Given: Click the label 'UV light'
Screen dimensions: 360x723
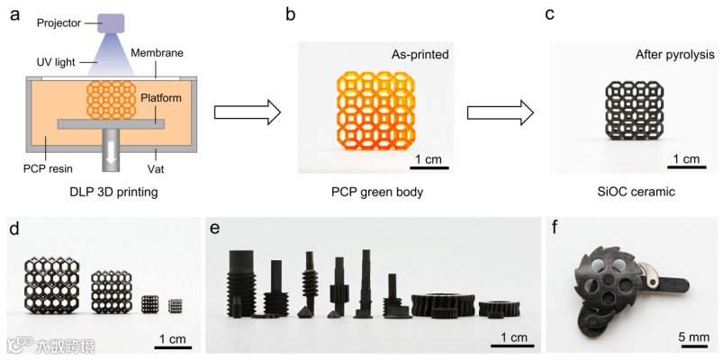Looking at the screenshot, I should [56, 62].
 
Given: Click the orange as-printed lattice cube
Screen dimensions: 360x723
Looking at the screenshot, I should [376, 111].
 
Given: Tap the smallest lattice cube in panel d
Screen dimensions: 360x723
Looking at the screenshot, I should [176, 306].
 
